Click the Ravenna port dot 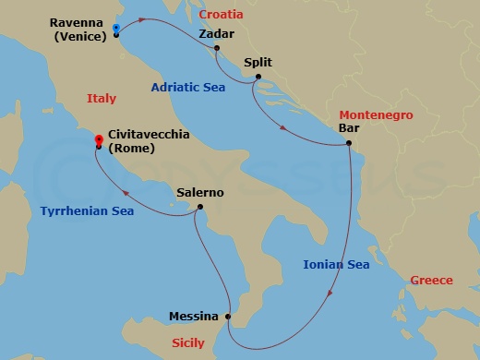116,34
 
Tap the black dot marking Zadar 216,48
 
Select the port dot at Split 258,77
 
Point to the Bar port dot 350,143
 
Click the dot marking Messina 229,316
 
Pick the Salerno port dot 199,207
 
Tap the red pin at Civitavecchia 98,140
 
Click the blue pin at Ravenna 115,28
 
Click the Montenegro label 376,115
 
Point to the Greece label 431,281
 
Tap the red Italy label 101,98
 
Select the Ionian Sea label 336,265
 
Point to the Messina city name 194,317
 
